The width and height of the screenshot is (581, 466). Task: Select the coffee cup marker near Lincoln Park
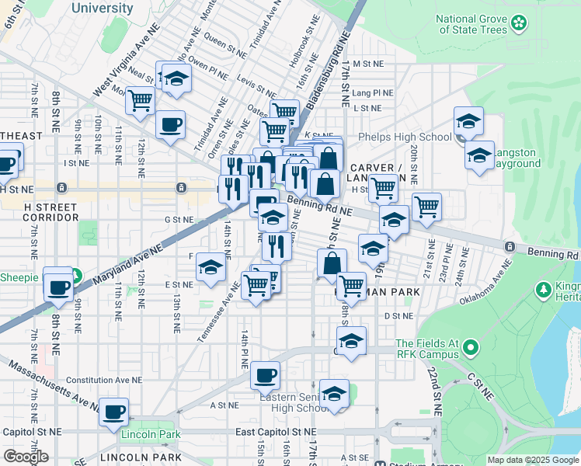pos(114,413)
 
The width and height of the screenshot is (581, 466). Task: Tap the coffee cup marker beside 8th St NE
pos(57,287)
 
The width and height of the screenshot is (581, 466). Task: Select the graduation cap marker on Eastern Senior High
pos(335,395)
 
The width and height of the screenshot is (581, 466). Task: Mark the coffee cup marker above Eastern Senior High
pos(265,377)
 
